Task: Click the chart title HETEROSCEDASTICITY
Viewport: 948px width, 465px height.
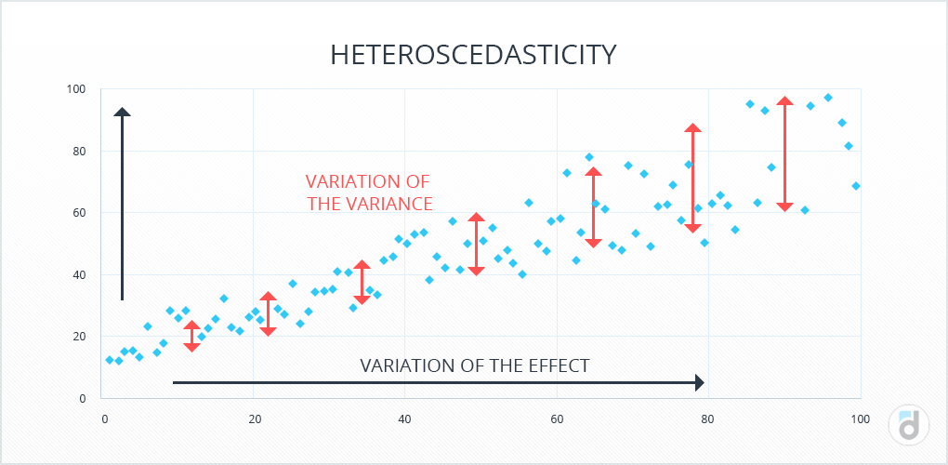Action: pyautogui.click(x=473, y=54)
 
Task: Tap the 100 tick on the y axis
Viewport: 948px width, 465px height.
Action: pyautogui.click(x=75, y=89)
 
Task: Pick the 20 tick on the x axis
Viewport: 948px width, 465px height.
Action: pyautogui.click(x=255, y=419)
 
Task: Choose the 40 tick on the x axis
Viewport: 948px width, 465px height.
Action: pyautogui.click(x=405, y=419)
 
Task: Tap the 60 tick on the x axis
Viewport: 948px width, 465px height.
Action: pyautogui.click(x=557, y=419)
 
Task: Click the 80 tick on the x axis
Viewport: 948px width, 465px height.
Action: pyautogui.click(x=708, y=419)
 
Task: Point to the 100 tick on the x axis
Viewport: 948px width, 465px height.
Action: pyautogui.click(x=860, y=419)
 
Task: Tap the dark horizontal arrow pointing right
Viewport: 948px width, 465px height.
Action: pyautogui.click(x=438, y=382)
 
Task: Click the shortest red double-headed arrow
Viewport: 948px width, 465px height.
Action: pyautogui.click(x=191, y=336)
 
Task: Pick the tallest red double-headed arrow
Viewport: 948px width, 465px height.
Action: pyautogui.click(x=784, y=153)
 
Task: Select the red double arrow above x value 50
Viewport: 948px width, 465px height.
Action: pyautogui.click(x=476, y=244)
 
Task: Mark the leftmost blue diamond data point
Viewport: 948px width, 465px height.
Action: pyautogui.click(x=110, y=360)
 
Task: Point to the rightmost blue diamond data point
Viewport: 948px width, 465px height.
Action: pyautogui.click(x=856, y=186)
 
